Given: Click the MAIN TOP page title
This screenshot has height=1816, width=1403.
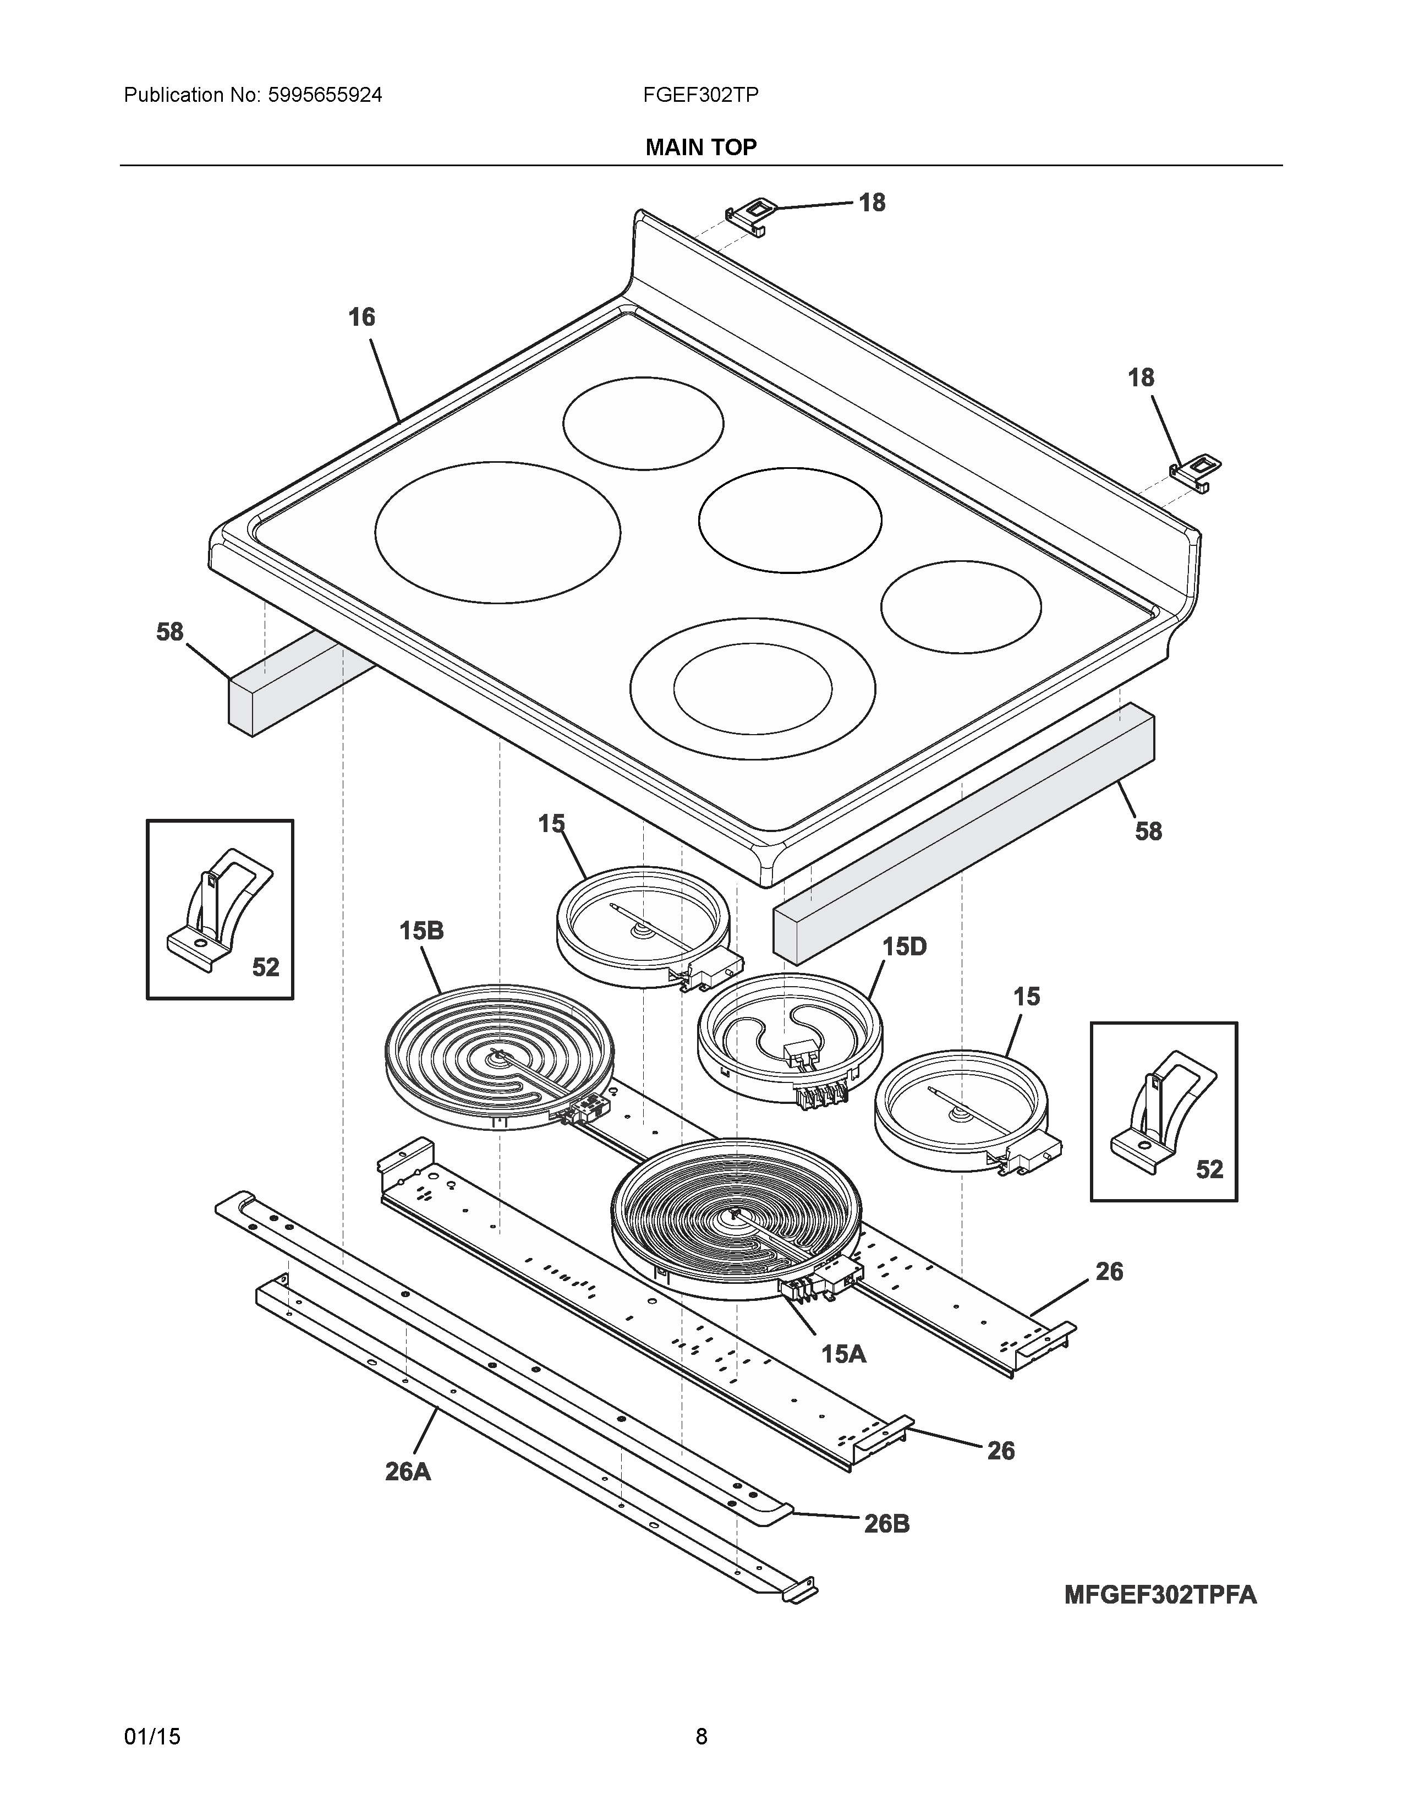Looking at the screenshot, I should [x=700, y=147].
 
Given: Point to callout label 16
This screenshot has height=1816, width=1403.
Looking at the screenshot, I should [x=361, y=317].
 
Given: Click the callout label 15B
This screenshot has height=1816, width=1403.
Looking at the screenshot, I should [x=421, y=931].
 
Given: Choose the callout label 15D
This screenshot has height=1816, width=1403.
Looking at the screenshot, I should [x=905, y=947].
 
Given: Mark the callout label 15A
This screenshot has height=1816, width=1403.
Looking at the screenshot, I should [x=843, y=1354].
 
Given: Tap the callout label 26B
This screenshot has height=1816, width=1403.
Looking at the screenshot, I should [x=887, y=1524].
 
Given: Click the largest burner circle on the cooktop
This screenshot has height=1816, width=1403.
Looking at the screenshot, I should [x=497, y=532].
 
